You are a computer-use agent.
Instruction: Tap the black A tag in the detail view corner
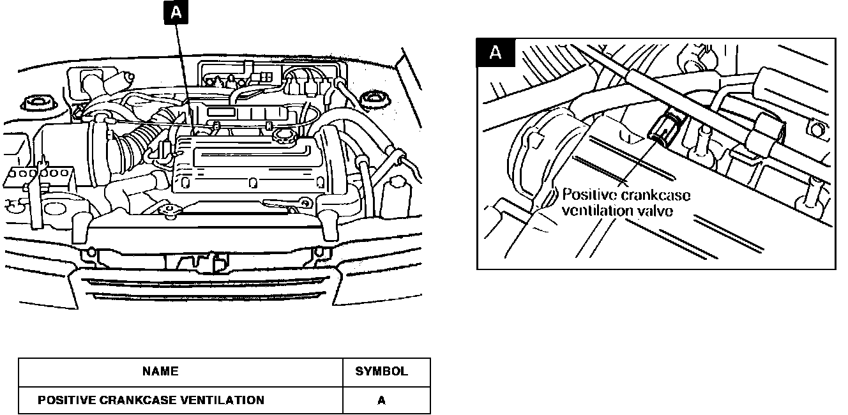click(x=495, y=54)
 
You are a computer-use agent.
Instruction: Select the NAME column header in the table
click(x=160, y=371)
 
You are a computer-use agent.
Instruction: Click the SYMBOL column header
click(x=381, y=372)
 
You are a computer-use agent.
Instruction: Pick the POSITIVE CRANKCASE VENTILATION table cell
click(x=151, y=400)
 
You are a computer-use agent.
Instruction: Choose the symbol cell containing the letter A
click(x=381, y=401)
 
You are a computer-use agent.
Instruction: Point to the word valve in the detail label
click(x=651, y=211)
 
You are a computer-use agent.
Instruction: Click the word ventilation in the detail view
click(x=591, y=211)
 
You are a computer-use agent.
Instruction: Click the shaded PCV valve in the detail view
click(x=664, y=127)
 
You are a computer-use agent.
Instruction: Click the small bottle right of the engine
click(x=397, y=190)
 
